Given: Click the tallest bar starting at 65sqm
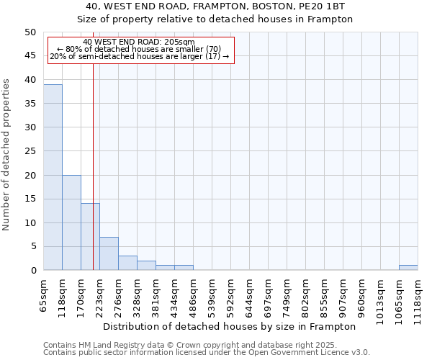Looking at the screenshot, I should [x=53, y=177].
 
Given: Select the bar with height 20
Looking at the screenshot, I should [x=71, y=222].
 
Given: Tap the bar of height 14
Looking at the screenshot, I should [x=90, y=237].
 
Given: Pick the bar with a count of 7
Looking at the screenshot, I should [x=109, y=253].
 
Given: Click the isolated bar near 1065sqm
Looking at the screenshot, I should [x=408, y=268].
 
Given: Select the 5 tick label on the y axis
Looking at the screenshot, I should [x=32, y=247].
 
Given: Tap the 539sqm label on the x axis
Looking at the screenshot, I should [x=212, y=294].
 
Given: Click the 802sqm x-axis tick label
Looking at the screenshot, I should [x=305, y=294].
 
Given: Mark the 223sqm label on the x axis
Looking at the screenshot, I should [x=99, y=294].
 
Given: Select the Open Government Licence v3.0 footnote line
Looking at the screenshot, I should [x=207, y=353].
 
